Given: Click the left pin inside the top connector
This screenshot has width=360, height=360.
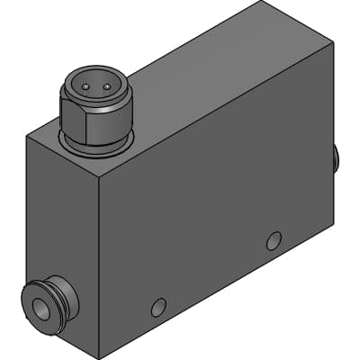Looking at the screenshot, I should [x=84, y=86].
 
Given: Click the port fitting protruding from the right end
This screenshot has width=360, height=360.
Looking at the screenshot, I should [x=337, y=160].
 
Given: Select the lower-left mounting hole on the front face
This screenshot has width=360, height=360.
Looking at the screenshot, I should [x=158, y=308].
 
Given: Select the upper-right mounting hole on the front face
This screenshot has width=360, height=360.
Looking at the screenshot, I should [x=274, y=240].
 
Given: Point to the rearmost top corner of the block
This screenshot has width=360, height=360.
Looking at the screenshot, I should [x=259, y=4].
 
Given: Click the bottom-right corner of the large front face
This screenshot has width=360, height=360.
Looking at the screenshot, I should [x=334, y=222].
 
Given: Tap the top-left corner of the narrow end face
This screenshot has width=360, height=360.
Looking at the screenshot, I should [x=26, y=135].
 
